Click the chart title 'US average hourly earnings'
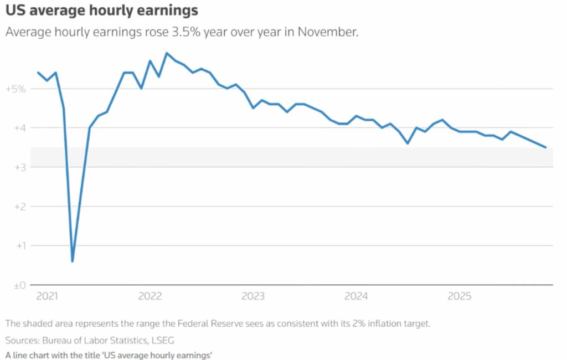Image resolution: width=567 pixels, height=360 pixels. [x=102, y=11]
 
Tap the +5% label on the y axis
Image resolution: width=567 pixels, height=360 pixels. [x=16, y=89]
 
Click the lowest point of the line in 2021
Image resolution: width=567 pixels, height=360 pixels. [x=73, y=261]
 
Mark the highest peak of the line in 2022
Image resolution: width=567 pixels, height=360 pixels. [x=167, y=53]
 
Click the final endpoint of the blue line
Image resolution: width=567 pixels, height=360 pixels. [x=546, y=147]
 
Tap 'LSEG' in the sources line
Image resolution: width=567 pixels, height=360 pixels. [x=168, y=340]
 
